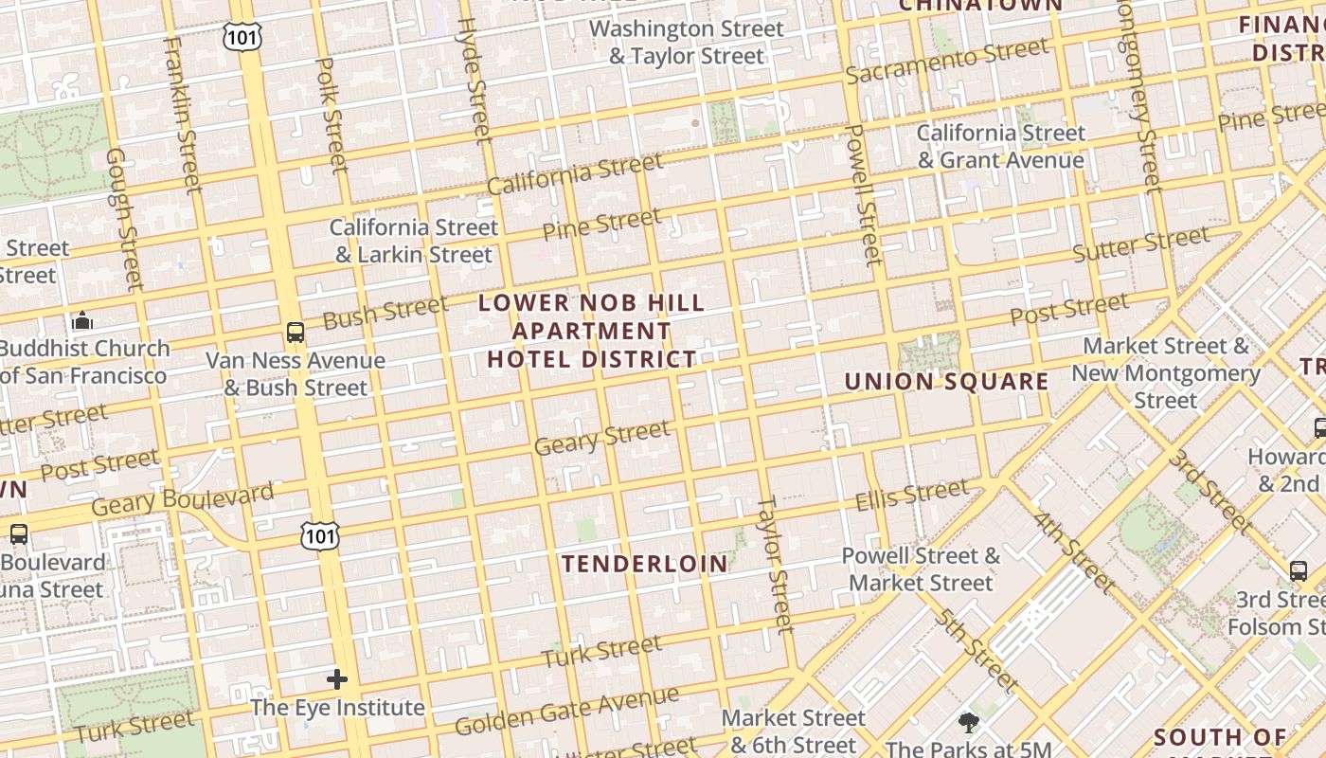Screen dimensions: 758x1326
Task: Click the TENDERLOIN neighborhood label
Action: (x=645, y=564)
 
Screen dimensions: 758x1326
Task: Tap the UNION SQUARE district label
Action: (x=946, y=382)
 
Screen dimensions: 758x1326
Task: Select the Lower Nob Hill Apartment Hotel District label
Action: (x=592, y=331)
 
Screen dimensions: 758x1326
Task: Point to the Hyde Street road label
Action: (x=475, y=81)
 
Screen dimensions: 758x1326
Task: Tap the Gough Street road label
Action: (x=124, y=219)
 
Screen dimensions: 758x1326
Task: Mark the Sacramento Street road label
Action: (x=947, y=61)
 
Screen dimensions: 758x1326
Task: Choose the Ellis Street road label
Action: (x=912, y=495)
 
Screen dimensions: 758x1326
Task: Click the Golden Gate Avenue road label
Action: (x=566, y=711)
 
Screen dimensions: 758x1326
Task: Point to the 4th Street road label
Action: (x=1074, y=552)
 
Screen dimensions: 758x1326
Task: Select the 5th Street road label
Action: (x=977, y=651)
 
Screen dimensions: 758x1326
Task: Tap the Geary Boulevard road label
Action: (x=183, y=498)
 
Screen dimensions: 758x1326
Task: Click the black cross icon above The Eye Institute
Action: (x=337, y=678)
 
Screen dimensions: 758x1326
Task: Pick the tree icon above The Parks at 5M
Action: (x=968, y=723)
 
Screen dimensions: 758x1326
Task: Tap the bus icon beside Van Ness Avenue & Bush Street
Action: (x=296, y=333)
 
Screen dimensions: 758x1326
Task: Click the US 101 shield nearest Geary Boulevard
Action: (x=319, y=536)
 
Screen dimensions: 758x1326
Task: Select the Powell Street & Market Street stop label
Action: (x=921, y=568)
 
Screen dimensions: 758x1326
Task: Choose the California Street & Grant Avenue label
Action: (x=1000, y=147)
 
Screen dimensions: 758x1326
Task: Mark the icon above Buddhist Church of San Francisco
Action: (x=82, y=320)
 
